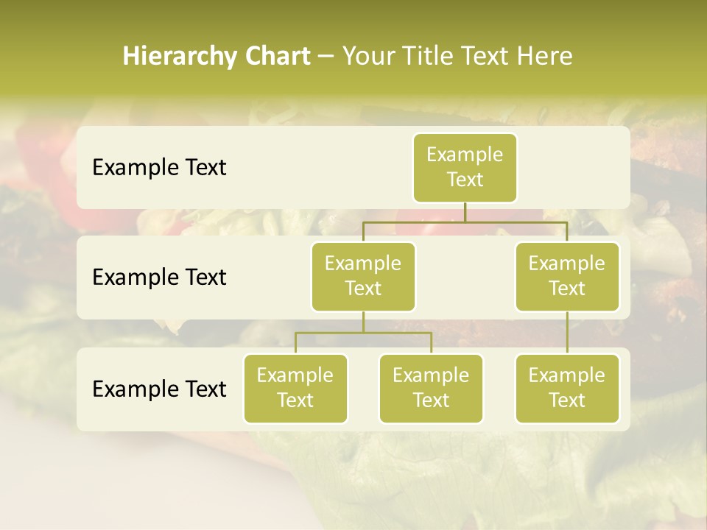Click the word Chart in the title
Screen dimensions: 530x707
(277, 57)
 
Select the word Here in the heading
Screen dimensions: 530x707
(545, 57)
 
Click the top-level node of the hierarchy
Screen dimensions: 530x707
(465, 167)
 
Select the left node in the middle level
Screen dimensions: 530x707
(363, 276)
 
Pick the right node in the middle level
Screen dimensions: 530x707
(567, 276)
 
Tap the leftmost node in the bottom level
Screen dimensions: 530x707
(295, 388)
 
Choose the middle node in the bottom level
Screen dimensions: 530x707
(431, 388)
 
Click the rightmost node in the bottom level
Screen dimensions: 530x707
(567, 388)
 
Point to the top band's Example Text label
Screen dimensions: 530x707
(159, 168)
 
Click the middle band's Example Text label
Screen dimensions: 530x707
(159, 278)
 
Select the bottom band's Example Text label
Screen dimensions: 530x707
(159, 389)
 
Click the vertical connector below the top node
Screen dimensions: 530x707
(465, 212)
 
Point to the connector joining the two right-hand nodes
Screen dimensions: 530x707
(567, 333)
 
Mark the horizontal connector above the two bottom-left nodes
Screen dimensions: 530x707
(363, 333)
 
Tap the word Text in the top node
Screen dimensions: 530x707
(465, 180)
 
